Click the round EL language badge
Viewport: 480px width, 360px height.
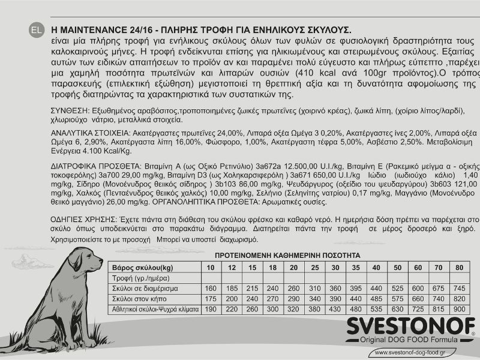click(36, 29)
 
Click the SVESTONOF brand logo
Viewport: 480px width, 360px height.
click(410, 328)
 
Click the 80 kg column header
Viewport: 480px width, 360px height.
click(460, 267)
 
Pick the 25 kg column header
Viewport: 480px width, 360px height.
click(314, 267)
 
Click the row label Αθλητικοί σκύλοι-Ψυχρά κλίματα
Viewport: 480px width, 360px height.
click(154, 309)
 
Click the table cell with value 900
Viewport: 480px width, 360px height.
click(460, 309)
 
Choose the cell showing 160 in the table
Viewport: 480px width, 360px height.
click(210, 288)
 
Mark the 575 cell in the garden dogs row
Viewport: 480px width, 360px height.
click(397, 298)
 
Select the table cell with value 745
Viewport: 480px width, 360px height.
click(460, 288)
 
